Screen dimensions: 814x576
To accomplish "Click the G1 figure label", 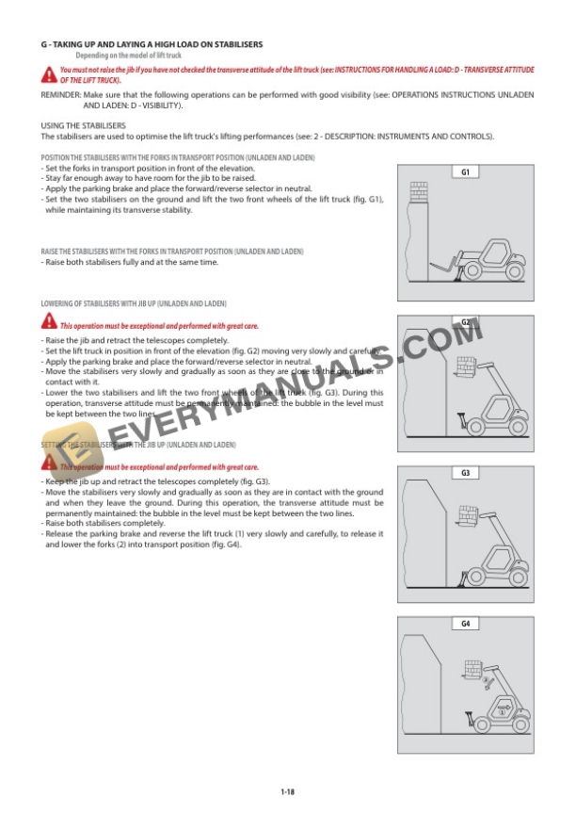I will [466, 172].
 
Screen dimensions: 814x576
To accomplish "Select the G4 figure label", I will [466, 624].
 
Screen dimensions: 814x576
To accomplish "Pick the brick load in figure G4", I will [472, 670].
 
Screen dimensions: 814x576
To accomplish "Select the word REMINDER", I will [59, 96].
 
